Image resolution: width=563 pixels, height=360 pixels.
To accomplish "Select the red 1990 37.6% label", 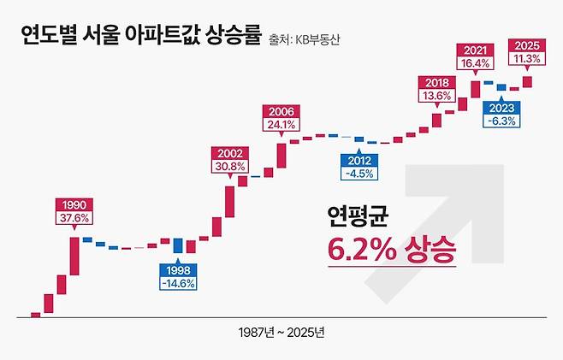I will pos(73,211).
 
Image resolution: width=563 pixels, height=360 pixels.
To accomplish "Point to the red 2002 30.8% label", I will pos(229,159).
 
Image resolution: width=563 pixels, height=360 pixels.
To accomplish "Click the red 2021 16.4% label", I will pos(475,56).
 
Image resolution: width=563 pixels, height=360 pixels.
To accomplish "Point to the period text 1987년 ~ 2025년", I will pos(281,331).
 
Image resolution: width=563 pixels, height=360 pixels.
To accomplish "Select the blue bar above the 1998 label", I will pos(178,246).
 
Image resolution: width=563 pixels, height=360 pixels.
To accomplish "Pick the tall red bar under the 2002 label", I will pos(229,202).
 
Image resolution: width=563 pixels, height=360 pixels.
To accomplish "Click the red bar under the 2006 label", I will pos(281,155).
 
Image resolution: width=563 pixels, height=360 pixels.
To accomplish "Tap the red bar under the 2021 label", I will pos(475,88).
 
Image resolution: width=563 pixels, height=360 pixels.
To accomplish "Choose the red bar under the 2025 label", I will pos(527,81).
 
